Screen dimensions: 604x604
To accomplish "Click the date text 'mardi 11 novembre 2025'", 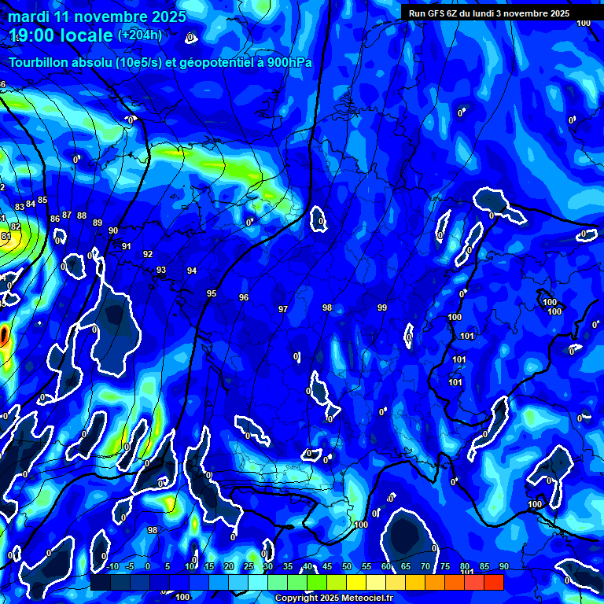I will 98,17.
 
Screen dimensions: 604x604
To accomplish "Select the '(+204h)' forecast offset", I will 140,35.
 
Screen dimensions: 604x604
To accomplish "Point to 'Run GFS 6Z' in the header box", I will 437,13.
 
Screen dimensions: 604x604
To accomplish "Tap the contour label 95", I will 212,293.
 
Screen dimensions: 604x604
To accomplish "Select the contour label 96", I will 244,297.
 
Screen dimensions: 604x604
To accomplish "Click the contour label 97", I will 283,309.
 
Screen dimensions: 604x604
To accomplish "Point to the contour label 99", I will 382,308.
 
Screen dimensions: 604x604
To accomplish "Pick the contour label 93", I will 161,270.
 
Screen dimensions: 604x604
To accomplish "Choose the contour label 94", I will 192,271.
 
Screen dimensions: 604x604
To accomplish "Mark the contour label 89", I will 98,223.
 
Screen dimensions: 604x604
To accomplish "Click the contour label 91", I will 126,246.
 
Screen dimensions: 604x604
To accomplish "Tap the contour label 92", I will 148,254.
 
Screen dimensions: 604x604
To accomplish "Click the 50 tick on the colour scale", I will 347,567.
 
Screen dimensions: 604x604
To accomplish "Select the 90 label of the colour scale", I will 504,567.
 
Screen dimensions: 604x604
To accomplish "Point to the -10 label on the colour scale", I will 112,567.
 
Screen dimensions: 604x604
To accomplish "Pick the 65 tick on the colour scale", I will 406,567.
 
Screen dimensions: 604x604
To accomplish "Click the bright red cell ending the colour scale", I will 493,582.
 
